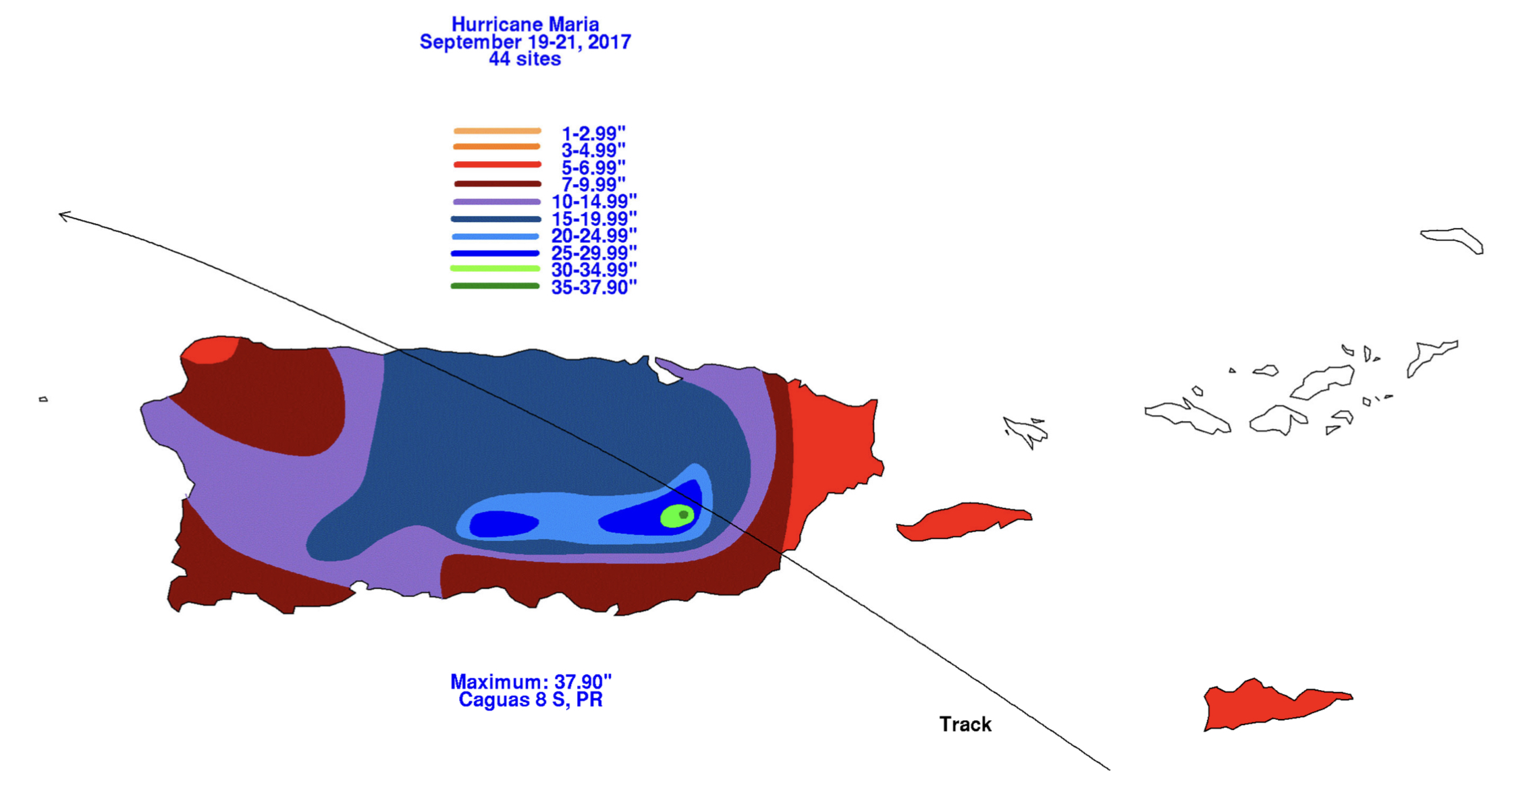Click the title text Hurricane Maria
[525, 24]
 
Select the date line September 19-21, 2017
[525, 42]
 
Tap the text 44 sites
[525, 59]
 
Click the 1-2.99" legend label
[593, 133]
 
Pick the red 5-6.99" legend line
[497, 165]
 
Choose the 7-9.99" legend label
[593, 184]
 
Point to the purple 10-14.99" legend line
[497, 202]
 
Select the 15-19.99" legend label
[594, 219]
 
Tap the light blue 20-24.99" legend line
[495, 237]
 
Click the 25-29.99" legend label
[594, 253]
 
